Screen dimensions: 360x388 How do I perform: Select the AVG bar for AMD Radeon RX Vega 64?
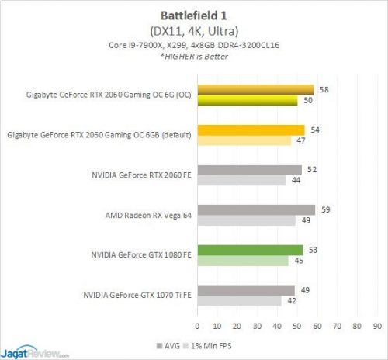point(256,209)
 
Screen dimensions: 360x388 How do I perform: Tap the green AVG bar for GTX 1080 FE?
point(250,250)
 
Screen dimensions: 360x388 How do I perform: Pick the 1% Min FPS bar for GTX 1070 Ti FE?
point(239,301)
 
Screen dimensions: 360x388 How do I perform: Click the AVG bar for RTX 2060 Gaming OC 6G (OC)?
point(255,89)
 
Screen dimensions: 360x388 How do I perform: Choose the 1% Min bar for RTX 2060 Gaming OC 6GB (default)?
point(244,140)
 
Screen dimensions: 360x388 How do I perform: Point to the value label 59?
point(324,209)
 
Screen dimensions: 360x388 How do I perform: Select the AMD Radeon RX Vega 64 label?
point(148,215)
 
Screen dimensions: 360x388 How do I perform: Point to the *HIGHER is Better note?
point(194,57)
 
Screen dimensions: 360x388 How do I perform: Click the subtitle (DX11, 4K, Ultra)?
point(194,32)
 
